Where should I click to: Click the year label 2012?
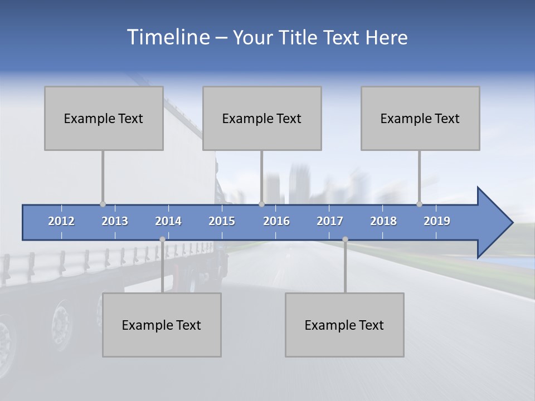click(61, 221)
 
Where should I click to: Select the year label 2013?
click(115, 221)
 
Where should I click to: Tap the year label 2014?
click(168, 221)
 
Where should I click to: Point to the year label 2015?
click(222, 221)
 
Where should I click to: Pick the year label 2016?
click(276, 221)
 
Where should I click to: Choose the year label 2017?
click(330, 221)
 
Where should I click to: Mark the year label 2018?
click(383, 221)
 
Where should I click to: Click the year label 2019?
click(437, 221)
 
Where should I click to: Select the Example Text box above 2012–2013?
click(104, 118)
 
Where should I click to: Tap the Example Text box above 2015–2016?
click(262, 118)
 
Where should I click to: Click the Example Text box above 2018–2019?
click(420, 118)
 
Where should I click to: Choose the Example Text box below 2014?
click(162, 325)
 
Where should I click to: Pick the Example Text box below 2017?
click(344, 325)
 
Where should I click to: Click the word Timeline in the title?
click(167, 37)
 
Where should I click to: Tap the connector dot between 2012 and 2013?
click(103, 204)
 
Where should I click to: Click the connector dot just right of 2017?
click(345, 239)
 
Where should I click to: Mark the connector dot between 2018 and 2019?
click(419, 204)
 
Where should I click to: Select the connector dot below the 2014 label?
click(162, 239)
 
